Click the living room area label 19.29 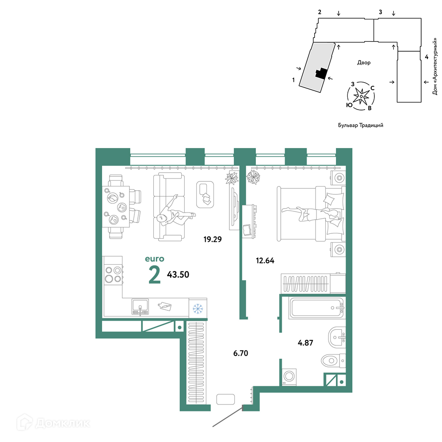click(x=213, y=239)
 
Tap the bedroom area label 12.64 click(x=265, y=260)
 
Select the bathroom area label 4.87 click(x=305, y=343)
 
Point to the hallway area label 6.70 click(x=240, y=353)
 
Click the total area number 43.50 click(x=178, y=274)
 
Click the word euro click(x=154, y=259)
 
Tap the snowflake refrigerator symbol click(x=198, y=309)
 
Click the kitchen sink click(x=140, y=307)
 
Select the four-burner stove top click(x=113, y=274)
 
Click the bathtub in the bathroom click(x=317, y=308)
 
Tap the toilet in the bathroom click(x=333, y=361)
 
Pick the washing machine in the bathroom click(x=289, y=376)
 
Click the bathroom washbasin click(x=337, y=337)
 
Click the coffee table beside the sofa click(x=205, y=194)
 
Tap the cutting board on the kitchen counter click(x=164, y=306)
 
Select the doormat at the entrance click(x=225, y=399)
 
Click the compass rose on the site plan click(x=361, y=96)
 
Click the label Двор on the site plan click(x=364, y=63)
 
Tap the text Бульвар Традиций click(x=361, y=125)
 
